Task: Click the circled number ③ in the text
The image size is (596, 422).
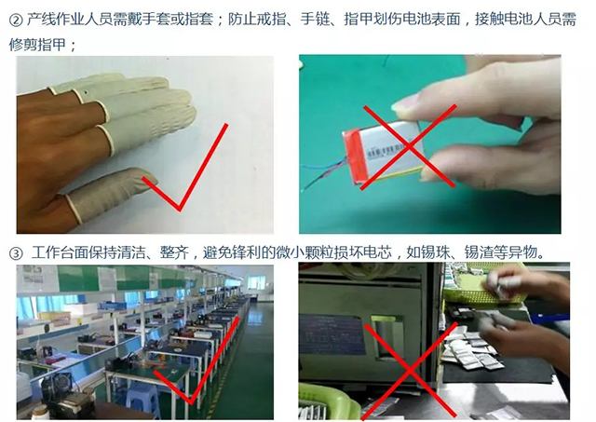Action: (16, 253)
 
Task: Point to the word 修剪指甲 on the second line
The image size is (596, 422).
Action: (37, 45)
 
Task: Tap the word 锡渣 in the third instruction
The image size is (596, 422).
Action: (479, 252)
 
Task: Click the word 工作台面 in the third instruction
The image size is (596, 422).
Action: (60, 252)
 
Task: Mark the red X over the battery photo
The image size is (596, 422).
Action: (409, 147)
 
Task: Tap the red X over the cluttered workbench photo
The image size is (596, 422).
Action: (410, 370)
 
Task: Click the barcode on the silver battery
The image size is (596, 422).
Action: (384, 152)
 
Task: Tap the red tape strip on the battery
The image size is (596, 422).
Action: (355, 155)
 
